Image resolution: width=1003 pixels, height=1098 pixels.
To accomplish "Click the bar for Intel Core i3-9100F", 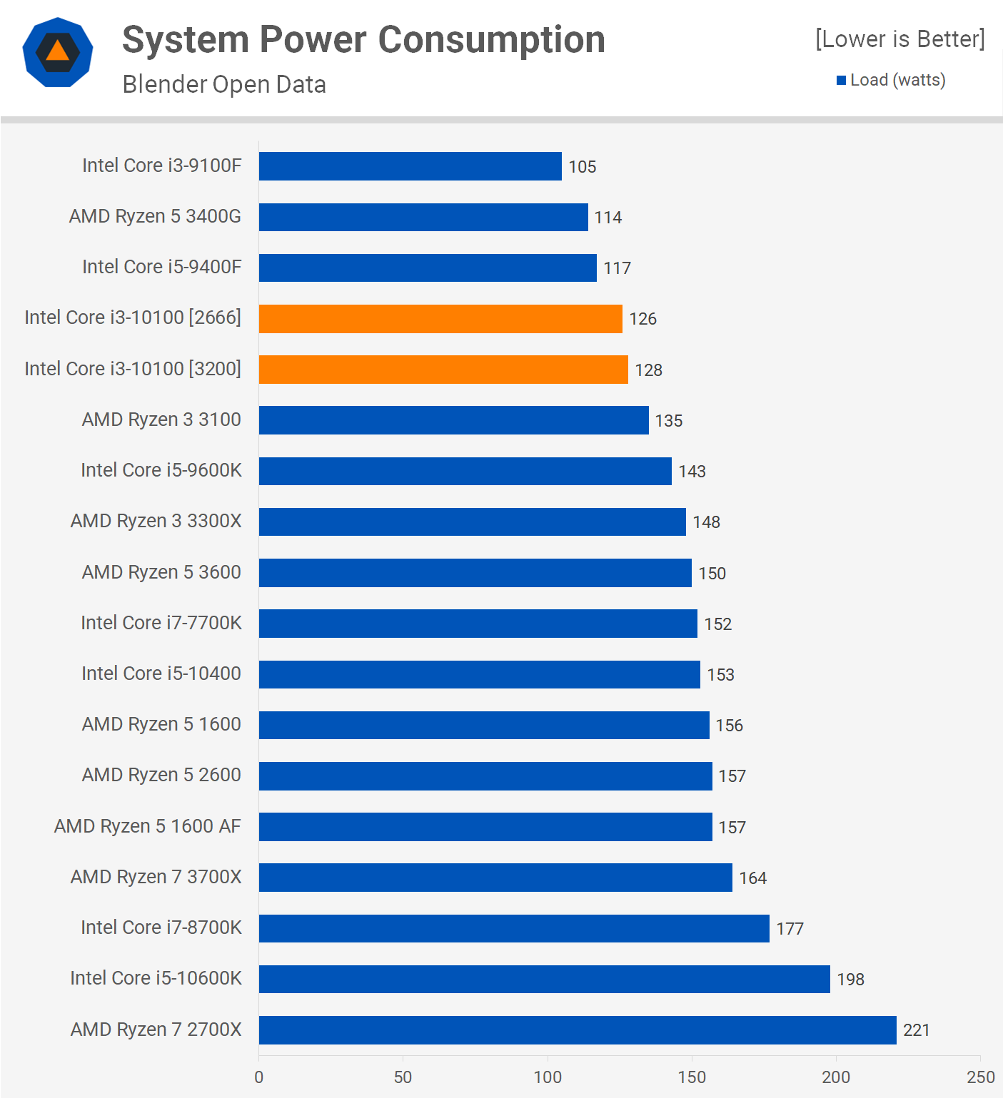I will click(410, 166).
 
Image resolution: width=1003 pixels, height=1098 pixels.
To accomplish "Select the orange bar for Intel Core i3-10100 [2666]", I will click(440, 319).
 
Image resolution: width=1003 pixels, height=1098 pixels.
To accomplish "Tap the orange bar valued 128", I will click(443, 370).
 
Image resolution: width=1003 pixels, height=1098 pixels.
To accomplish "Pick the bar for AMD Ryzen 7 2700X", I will click(577, 1030).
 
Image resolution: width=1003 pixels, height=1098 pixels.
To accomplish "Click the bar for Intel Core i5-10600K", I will click(544, 979).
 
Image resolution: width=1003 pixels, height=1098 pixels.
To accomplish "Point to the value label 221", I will click(917, 1030).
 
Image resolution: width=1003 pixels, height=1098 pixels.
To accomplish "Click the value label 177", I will click(790, 929).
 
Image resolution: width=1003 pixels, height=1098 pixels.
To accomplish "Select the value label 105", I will click(583, 167).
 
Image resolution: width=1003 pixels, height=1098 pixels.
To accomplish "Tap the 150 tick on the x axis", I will click(692, 1077).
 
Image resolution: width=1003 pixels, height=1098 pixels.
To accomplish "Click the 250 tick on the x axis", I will click(981, 1077).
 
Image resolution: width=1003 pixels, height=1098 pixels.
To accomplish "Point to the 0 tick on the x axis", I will click(259, 1077).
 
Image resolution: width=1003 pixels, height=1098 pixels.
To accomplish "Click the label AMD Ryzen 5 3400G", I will click(155, 216).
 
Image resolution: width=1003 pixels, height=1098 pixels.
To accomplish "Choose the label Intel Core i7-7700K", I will click(161, 623).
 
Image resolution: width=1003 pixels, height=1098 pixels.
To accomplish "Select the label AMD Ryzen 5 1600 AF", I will click(148, 826).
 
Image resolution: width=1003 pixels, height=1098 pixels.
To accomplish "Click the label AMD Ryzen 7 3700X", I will click(156, 877).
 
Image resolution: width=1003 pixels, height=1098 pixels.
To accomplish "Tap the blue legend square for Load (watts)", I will click(842, 81).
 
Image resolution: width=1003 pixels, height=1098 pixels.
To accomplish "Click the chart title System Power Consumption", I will click(363, 40).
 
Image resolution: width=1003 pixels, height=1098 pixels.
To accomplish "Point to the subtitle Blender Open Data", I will click(224, 84).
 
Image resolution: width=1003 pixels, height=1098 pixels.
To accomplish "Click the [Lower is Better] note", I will click(899, 39).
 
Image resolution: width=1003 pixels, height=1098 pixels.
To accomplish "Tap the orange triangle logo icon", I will click(58, 51).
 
